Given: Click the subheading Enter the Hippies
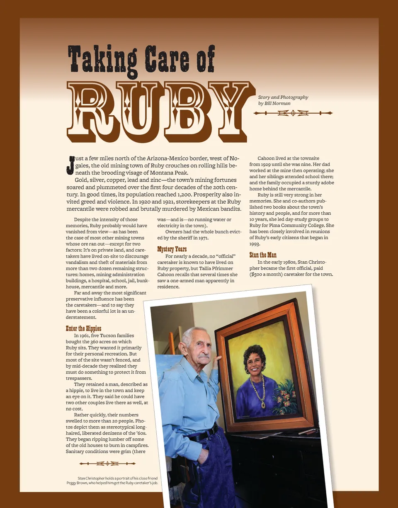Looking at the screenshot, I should pyautogui.click(x=83, y=328).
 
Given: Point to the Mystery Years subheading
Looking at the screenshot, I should pyautogui.click(x=172, y=249).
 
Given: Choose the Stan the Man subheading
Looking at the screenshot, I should pyautogui.click(x=263, y=255).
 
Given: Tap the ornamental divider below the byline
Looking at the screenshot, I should pyautogui.click(x=293, y=113).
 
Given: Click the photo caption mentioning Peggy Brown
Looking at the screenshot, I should pyautogui.click(x=112, y=481).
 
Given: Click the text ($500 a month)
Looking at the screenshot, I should pyautogui.click(x=272, y=274).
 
